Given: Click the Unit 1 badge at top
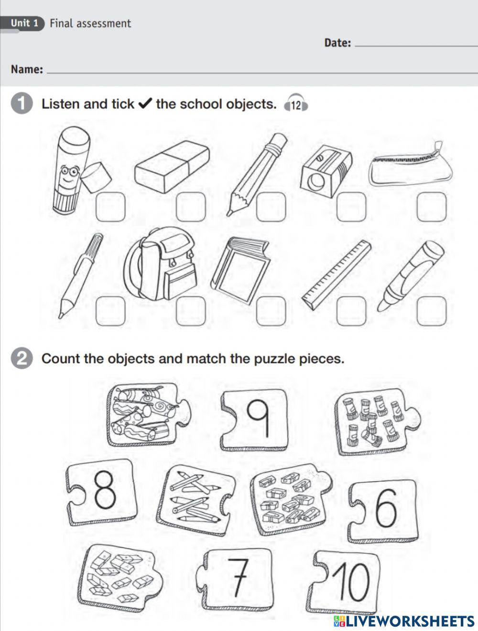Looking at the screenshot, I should [24, 23].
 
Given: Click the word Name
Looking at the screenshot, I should [26, 70].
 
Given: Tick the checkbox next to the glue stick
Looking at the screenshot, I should [111, 207].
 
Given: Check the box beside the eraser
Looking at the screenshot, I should [191, 207].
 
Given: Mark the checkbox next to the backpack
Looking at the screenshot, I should [191, 311].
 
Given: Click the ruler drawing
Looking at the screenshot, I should [337, 275].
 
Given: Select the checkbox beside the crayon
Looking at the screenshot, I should [431, 311].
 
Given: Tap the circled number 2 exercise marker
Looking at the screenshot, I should [22, 359].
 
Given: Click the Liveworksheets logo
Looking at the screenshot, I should [404, 620].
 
